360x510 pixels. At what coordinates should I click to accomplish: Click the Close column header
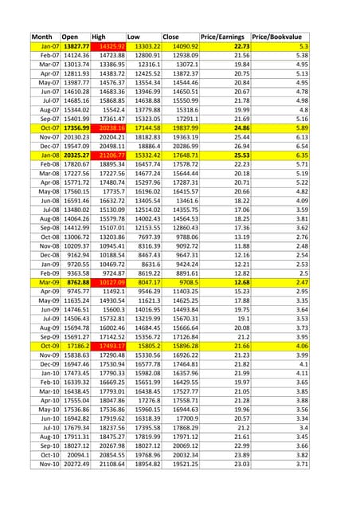(171, 37)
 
